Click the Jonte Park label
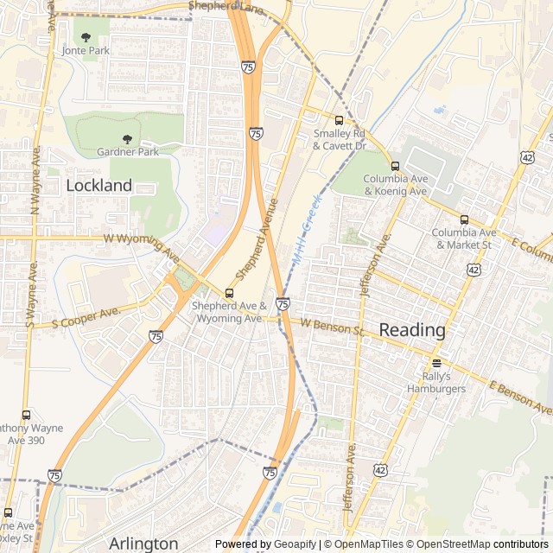coord(86,51)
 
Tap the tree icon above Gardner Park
coord(127,139)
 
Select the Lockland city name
coord(99,185)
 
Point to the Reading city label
coord(412,330)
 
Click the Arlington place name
coord(143,543)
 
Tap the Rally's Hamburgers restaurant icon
coord(436,363)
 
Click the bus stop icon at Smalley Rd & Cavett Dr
coord(339,120)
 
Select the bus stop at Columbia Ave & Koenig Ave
coord(395,166)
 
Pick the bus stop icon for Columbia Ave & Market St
coord(464,219)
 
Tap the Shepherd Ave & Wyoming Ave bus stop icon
coord(229,293)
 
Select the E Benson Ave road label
coord(519,398)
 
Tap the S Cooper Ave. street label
coord(84,318)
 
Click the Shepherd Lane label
coord(226,7)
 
